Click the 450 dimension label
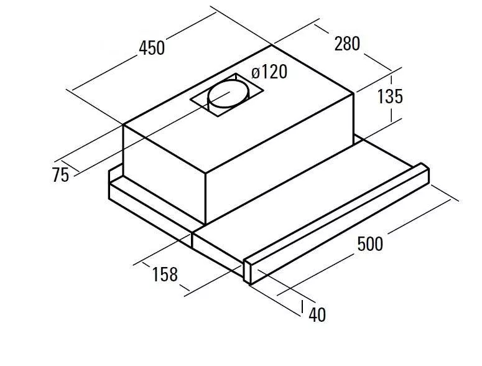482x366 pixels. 152,48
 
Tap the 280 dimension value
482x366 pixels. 347,44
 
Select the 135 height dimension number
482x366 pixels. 390,96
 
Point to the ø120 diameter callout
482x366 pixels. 269,72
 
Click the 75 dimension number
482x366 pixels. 60,175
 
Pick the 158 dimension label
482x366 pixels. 165,274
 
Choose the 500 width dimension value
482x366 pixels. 370,244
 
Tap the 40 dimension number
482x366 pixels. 317,314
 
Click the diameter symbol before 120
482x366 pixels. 256,73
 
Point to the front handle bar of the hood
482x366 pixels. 336,223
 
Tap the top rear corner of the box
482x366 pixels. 271,45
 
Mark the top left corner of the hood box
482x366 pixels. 123,124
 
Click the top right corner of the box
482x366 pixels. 353,93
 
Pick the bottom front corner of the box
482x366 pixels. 205,224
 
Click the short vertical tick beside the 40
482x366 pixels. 302,307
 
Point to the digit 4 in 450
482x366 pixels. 143,48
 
